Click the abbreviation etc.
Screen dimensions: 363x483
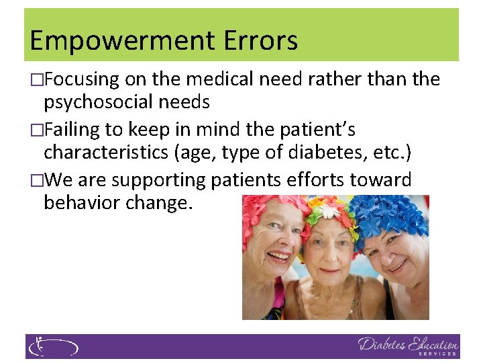391,153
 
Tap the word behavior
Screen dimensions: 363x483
80,203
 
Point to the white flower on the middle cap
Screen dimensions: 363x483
329,211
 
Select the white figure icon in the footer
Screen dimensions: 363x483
38,347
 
